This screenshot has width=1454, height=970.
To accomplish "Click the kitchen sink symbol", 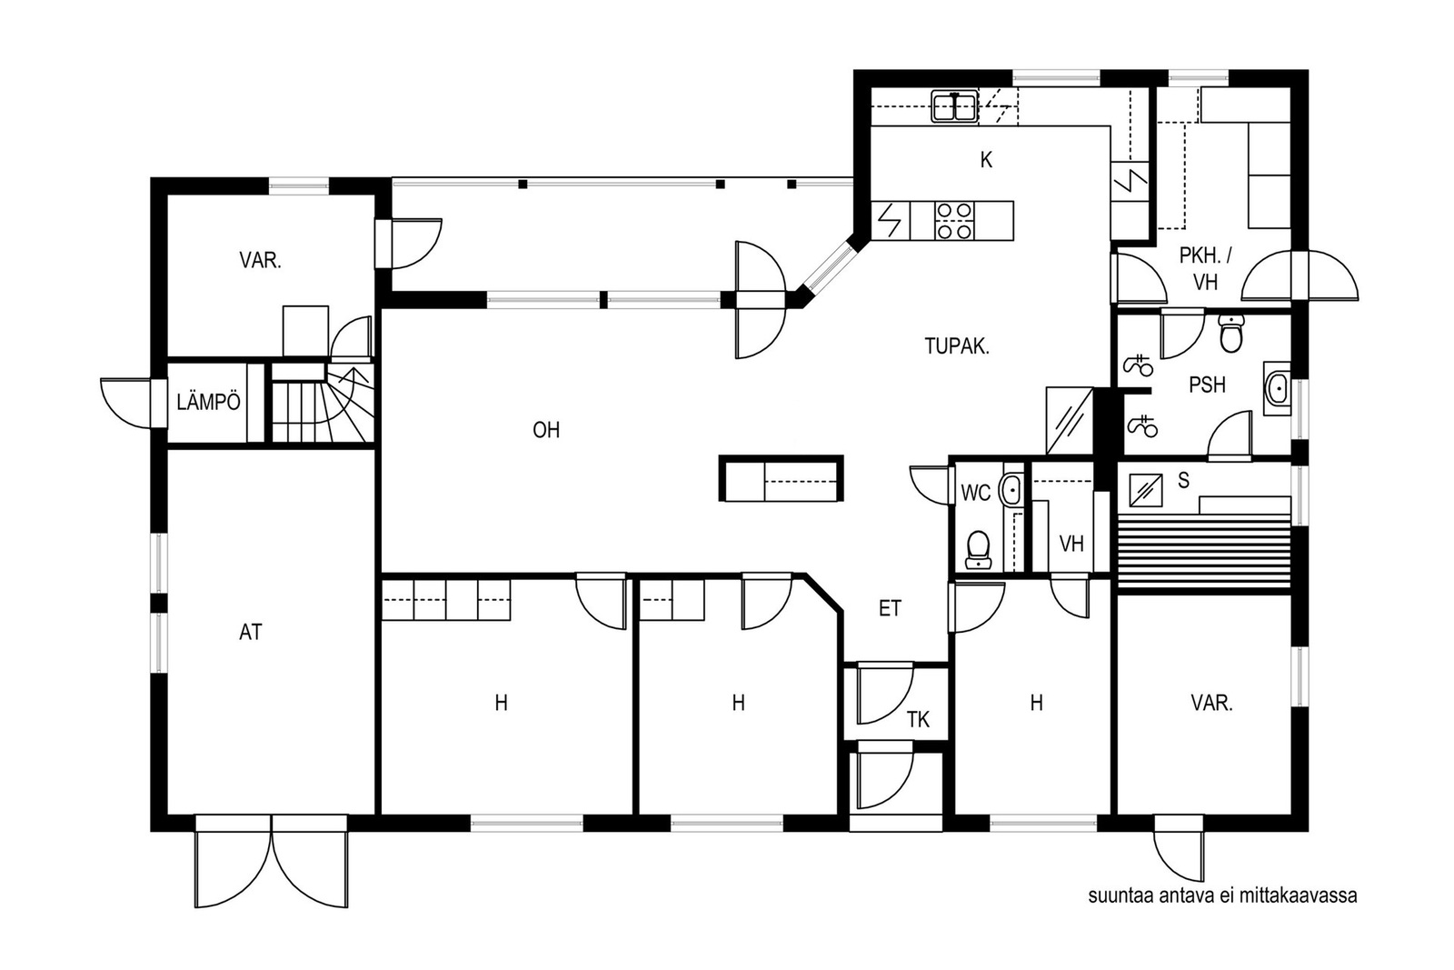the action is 955,106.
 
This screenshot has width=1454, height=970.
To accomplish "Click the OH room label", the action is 546,430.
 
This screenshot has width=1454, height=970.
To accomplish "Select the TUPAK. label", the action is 957,346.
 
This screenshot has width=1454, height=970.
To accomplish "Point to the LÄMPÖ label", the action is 208,402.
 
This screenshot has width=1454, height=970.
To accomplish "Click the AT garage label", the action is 251,632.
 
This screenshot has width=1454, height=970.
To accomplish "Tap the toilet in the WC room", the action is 978,549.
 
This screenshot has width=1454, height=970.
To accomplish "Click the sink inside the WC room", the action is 1011,489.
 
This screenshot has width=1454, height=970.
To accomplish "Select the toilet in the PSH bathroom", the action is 1230,333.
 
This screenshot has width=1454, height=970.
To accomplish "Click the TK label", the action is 918,719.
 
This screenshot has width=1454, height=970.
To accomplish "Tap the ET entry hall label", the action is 890,608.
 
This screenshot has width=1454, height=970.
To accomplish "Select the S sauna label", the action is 1183,481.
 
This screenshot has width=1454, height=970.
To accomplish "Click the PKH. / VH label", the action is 1205,268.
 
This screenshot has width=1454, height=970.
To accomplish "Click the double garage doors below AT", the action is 272,862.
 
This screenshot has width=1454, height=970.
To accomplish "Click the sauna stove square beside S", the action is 1146,490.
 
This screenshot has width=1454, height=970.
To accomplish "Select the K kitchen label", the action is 986,160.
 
